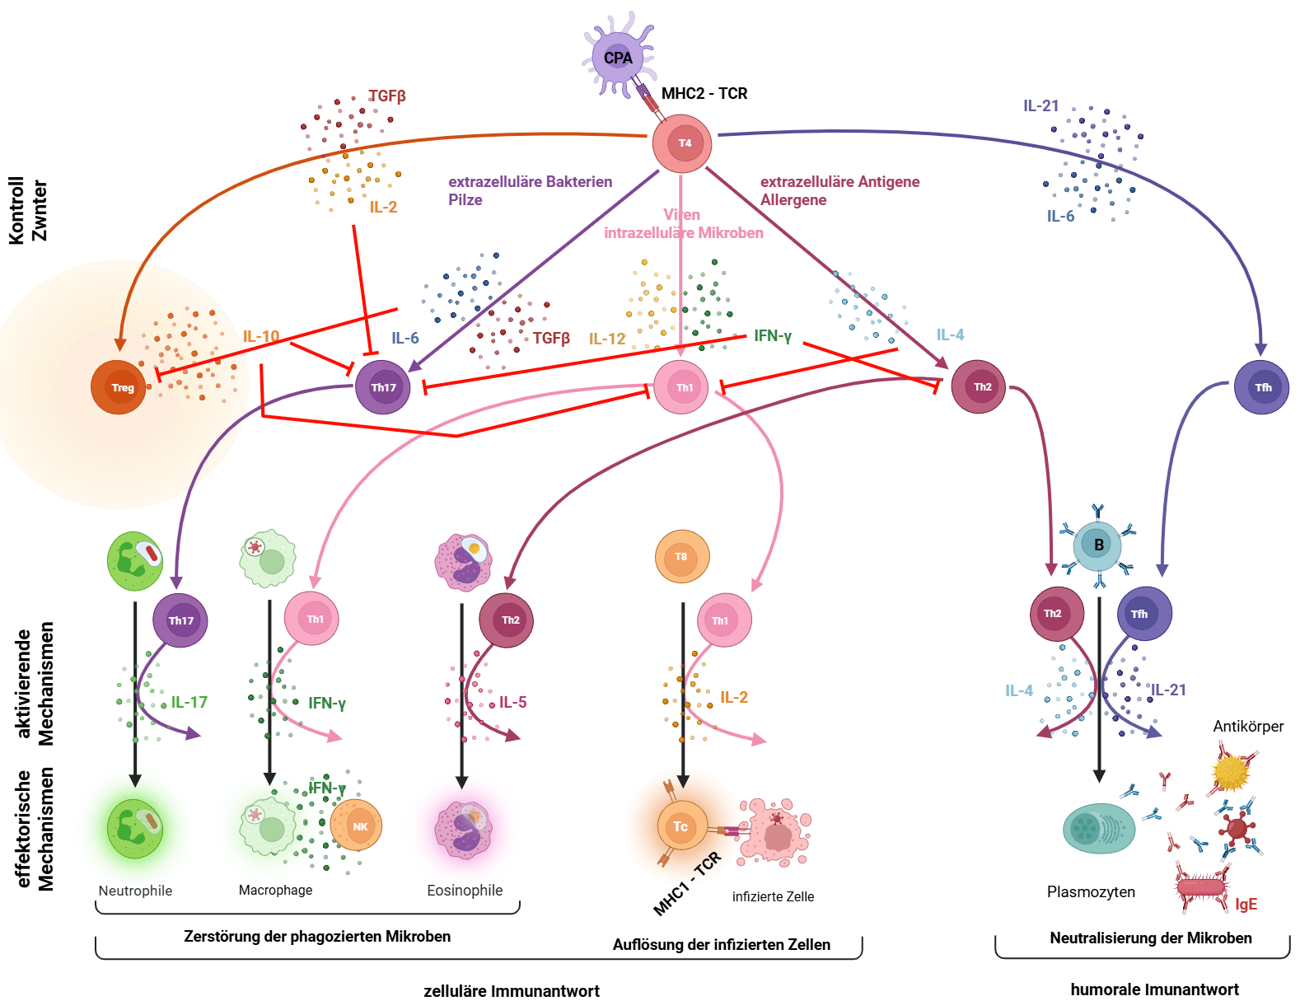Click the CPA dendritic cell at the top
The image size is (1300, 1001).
[618, 57]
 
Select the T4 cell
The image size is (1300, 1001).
[681, 143]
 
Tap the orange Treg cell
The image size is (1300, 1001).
[119, 387]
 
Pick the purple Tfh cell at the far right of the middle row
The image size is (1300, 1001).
[1261, 387]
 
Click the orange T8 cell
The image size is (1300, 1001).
[682, 556]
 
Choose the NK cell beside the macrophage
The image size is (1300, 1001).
[357, 826]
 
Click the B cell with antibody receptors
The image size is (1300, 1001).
[1097, 545]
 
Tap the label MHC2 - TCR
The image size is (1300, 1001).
[704, 93]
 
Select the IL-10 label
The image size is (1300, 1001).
[261, 336]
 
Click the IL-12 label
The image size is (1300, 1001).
[606, 339]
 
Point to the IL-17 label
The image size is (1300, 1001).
[189, 702]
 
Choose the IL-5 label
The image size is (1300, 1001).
[512, 702]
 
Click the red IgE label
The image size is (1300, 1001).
[1246, 904]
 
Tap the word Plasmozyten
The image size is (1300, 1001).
[1091, 892]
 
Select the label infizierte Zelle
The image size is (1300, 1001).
[773, 896]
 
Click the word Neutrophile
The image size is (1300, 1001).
[135, 891]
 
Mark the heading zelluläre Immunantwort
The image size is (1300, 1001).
[512, 991]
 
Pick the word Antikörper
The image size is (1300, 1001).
[1248, 727]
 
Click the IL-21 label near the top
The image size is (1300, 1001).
[1041, 106]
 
